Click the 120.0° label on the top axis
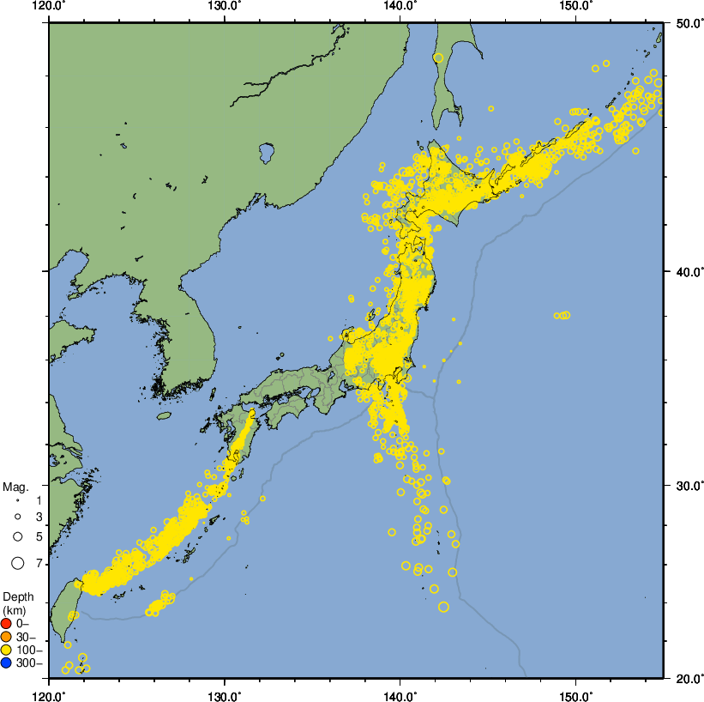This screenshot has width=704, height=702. click(49, 6)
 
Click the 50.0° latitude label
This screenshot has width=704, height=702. click(685, 22)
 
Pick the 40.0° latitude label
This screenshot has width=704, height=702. click(685, 272)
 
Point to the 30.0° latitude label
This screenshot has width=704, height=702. click(685, 486)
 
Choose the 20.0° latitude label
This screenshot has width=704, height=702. click(685, 678)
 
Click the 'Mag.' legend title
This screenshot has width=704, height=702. click(15, 487)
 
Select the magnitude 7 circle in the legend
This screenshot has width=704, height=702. click(17, 563)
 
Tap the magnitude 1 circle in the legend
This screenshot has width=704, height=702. click(17, 499)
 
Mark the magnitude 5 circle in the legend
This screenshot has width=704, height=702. click(17, 536)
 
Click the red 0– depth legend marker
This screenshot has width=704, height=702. click(7, 624)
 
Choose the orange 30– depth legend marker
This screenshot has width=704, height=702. click(7, 637)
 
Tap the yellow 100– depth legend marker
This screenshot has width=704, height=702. click(7, 650)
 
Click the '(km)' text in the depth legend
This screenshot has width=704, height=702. click(15, 609)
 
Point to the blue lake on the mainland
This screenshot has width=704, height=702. click(266, 154)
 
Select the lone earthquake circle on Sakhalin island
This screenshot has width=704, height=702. click(438, 57)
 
